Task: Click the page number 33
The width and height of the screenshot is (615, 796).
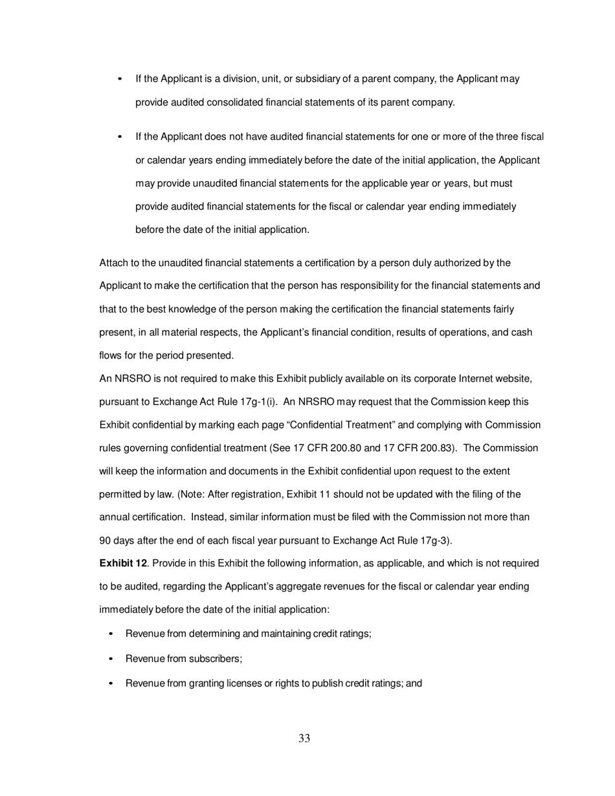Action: click(x=304, y=738)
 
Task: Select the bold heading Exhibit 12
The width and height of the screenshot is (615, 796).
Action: click(x=123, y=564)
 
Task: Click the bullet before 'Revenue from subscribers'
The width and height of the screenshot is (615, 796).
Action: click(x=111, y=659)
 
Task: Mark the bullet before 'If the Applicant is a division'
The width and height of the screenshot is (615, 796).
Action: click(x=120, y=79)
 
